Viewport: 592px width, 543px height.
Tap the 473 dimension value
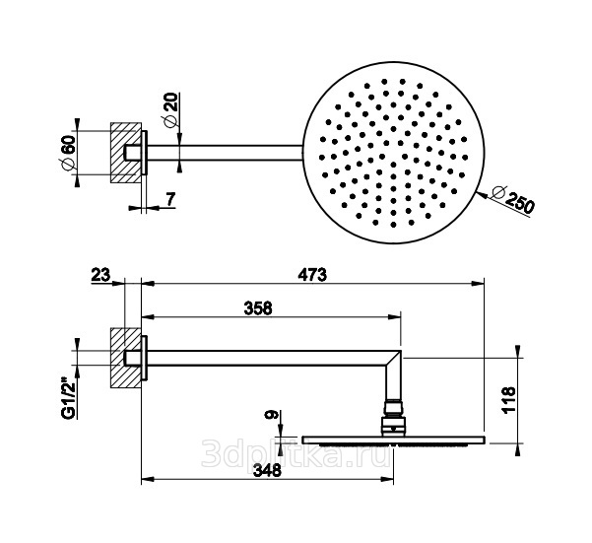point(312,275)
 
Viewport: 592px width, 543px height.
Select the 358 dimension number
point(258,308)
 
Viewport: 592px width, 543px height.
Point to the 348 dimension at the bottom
point(267,470)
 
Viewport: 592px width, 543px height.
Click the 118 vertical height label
point(509,400)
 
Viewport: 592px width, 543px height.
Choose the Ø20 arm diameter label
point(170,109)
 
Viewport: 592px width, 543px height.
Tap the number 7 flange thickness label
point(171,199)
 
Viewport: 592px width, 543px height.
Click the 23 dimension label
point(100,275)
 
